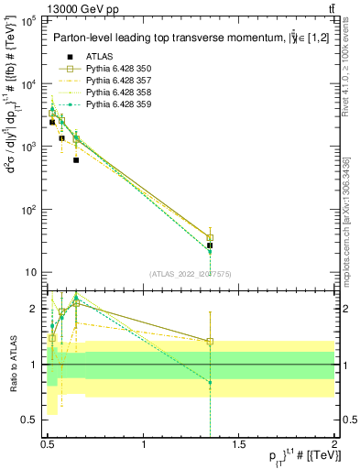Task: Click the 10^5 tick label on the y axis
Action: point(27,19)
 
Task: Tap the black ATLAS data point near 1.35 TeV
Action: point(210,245)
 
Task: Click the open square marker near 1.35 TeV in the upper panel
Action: point(210,237)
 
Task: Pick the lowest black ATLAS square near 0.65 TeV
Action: point(76,160)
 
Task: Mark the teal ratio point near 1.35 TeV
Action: point(210,382)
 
